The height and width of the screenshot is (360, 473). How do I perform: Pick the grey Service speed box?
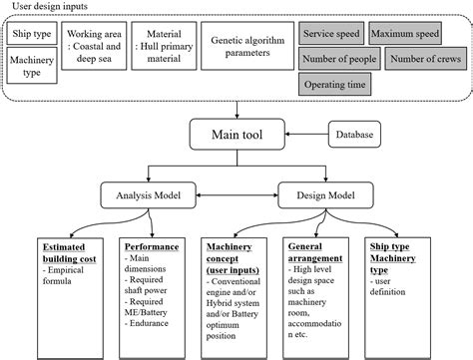click(332, 34)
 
